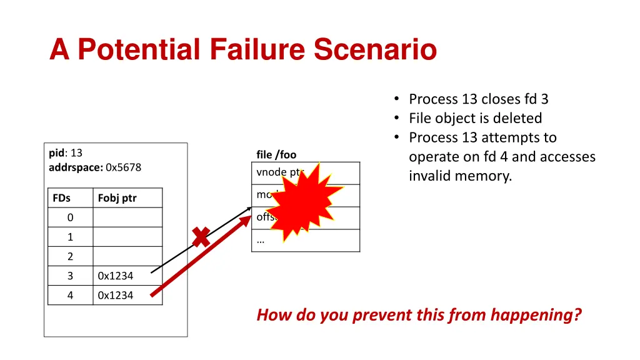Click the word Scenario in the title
coord(375,49)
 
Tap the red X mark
coord(201,237)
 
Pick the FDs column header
coord(61,198)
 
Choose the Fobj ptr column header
coord(117,198)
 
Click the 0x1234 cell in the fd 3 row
coord(116,276)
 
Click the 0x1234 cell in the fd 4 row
coord(116,295)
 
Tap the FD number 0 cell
coord(70,217)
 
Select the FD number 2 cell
coord(70,256)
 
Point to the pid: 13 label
coord(66,152)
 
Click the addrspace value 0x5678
coord(124,167)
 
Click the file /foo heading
coord(276,154)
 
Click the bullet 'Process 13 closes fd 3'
coord(478,99)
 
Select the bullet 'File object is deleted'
coord(475,118)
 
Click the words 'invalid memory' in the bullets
coord(460,176)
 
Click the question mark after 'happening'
coord(577,315)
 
